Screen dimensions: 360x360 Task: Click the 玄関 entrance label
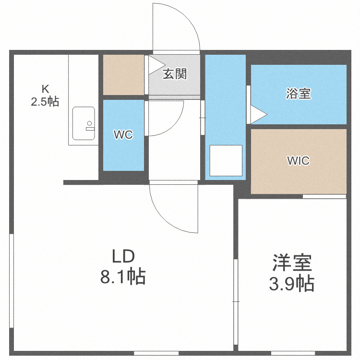point(174,74)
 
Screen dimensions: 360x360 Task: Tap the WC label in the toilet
point(123,135)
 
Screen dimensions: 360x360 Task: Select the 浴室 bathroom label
point(298,94)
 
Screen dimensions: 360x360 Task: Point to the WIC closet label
point(298,161)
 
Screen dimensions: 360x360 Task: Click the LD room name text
point(123,257)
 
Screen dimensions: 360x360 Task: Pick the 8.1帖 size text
point(123,277)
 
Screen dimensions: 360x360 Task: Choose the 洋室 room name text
point(292,263)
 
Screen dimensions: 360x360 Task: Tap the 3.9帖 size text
point(292,284)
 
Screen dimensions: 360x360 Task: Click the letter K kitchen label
point(45,89)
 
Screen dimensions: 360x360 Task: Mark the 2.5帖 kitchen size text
point(45,101)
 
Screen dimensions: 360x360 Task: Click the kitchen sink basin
point(84,123)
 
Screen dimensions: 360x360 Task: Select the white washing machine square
point(226,160)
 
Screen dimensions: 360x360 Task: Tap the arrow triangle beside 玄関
point(155,65)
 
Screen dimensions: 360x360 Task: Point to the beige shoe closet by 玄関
point(123,75)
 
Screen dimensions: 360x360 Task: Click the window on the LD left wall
point(12,281)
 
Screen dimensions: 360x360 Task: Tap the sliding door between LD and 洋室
point(236,302)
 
